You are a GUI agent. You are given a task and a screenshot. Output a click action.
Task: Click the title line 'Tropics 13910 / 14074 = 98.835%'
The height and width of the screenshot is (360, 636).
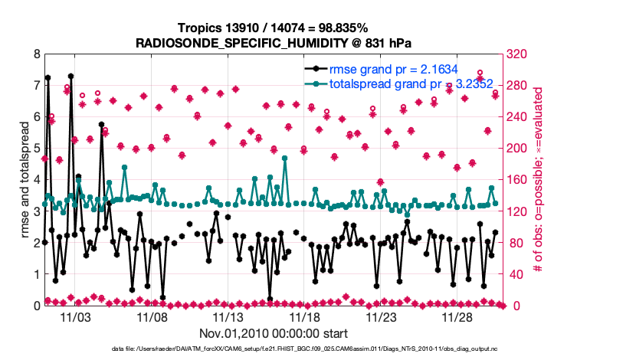click(273, 28)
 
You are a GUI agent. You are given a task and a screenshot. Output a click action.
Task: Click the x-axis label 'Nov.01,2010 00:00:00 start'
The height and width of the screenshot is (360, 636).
click(273, 333)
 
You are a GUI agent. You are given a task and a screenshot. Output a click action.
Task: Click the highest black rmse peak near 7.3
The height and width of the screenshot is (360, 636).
click(70, 77)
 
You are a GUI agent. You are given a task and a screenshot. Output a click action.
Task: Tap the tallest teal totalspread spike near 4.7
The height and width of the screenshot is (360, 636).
click(285, 159)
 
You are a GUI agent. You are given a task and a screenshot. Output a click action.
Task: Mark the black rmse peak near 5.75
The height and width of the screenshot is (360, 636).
click(101, 124)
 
